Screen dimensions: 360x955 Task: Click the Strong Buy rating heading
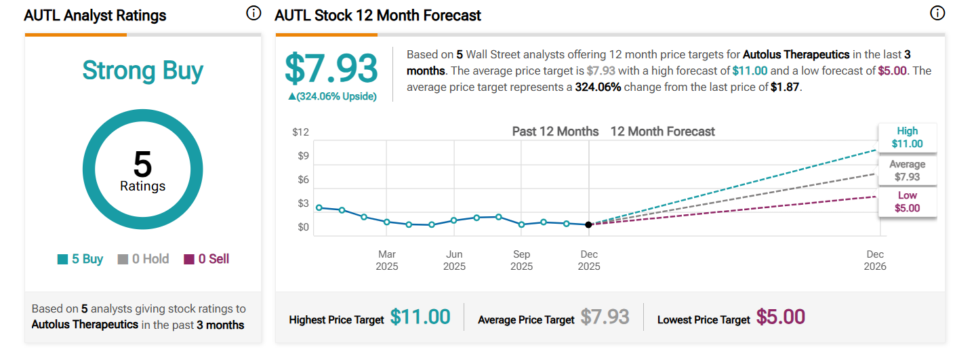click(142, 71)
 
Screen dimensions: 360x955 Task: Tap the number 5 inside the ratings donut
click(142, 165)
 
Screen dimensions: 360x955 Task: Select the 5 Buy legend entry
click(80, 259)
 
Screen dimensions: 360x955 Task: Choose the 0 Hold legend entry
click(143, 259)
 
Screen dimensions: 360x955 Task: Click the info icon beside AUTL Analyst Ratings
click(253, 14)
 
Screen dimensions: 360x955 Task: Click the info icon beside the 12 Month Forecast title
click(937, 14)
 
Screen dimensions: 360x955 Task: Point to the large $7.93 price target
click(331, 68)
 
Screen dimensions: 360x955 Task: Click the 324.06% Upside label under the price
click(332, 96)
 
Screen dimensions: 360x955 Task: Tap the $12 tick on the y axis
click(300, 132)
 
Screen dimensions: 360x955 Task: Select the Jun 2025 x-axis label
click(454, 260)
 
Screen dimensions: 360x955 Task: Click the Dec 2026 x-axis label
click(874, 260)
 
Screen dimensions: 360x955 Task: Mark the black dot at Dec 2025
click(588, 224)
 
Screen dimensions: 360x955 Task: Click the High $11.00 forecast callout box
click(907, 138)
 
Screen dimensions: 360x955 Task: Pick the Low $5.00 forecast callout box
click(907, 202)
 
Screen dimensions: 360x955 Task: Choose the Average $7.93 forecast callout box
click(907, 170)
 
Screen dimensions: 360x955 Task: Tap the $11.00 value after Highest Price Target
click(420, 317)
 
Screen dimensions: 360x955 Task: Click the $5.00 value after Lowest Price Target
click(781, 317)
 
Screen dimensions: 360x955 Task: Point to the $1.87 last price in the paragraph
click(786, 87)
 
